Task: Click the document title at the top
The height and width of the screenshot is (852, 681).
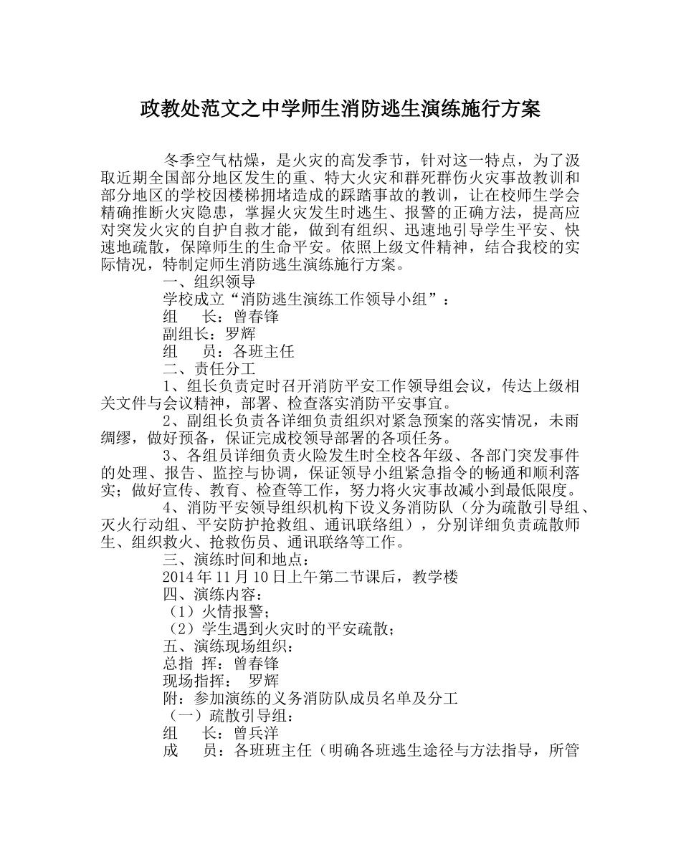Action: (x=340, y=110)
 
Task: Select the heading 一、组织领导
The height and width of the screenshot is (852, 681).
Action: (x=204, y=282)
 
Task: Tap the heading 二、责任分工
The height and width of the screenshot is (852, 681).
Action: (x=204, y=370)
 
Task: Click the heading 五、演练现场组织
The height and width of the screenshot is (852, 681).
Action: (x=227, y=646)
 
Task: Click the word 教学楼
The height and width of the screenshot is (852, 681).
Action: (x=435, y=578)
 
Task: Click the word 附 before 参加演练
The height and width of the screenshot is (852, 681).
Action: (x=171, y=699)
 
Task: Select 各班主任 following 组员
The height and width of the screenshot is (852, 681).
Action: (x=264, y=352)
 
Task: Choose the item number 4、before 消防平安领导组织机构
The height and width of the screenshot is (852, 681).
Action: (x=172, y=508)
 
